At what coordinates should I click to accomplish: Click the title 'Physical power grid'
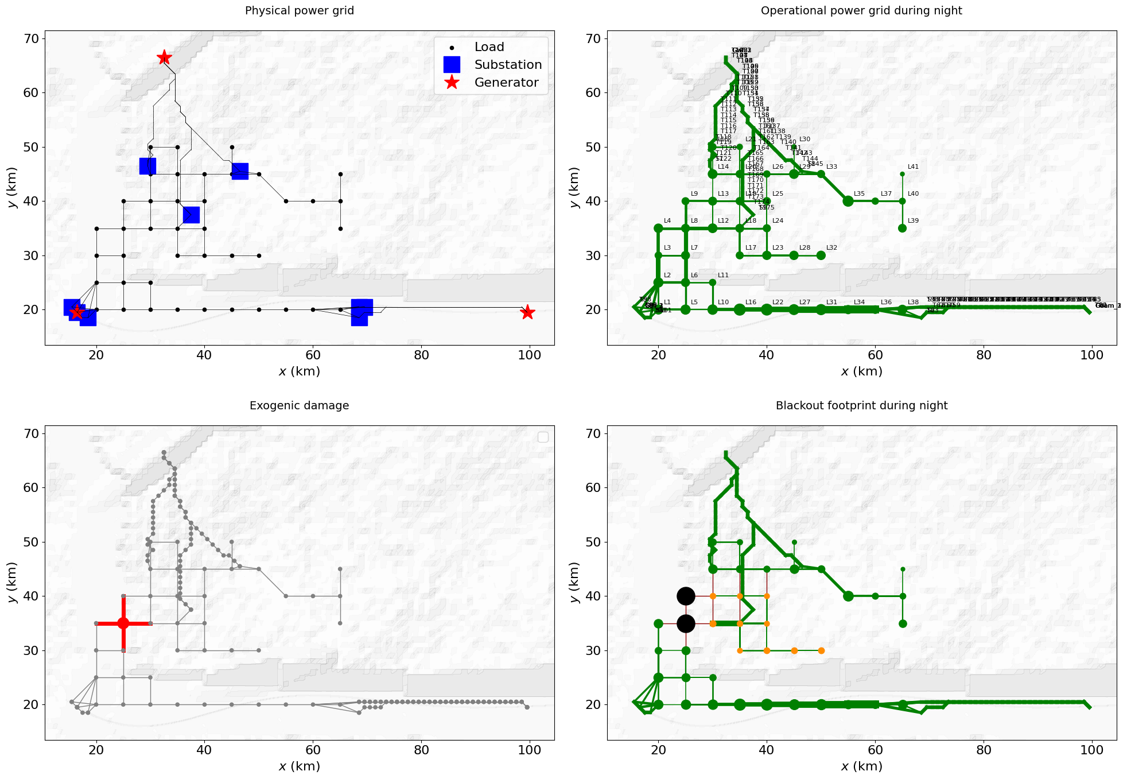[299, 11]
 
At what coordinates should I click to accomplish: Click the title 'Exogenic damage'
[299, 406]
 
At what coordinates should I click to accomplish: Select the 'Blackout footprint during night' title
[861, 406]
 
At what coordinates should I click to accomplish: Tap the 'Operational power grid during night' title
[861, 11]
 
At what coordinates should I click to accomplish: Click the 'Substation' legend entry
[507, 65]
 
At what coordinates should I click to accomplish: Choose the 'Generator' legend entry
[506, 83]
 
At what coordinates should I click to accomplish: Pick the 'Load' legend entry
[489, 47]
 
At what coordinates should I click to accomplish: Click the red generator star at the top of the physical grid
[164, 57]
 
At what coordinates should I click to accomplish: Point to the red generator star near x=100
[527, 312]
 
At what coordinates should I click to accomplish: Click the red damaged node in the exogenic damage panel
[123, 623]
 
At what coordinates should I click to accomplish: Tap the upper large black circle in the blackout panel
[686, 596]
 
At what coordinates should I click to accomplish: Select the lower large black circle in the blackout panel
[686, 623]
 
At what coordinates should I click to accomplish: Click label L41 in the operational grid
[913, 167]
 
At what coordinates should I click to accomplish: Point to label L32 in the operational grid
[831, 248]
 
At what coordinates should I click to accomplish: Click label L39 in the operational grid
[913, 221]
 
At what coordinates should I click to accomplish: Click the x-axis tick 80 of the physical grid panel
[421, 355]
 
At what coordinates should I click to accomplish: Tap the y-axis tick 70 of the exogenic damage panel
[31, 434]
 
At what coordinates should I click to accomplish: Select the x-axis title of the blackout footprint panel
[861, 766]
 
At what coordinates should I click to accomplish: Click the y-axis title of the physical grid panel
[12, 188]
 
